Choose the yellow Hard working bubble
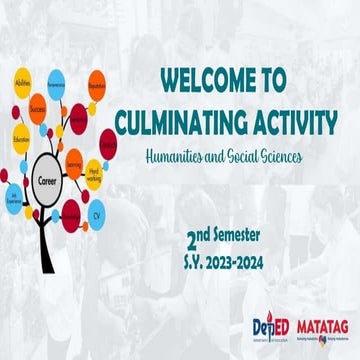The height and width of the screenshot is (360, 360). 93,170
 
